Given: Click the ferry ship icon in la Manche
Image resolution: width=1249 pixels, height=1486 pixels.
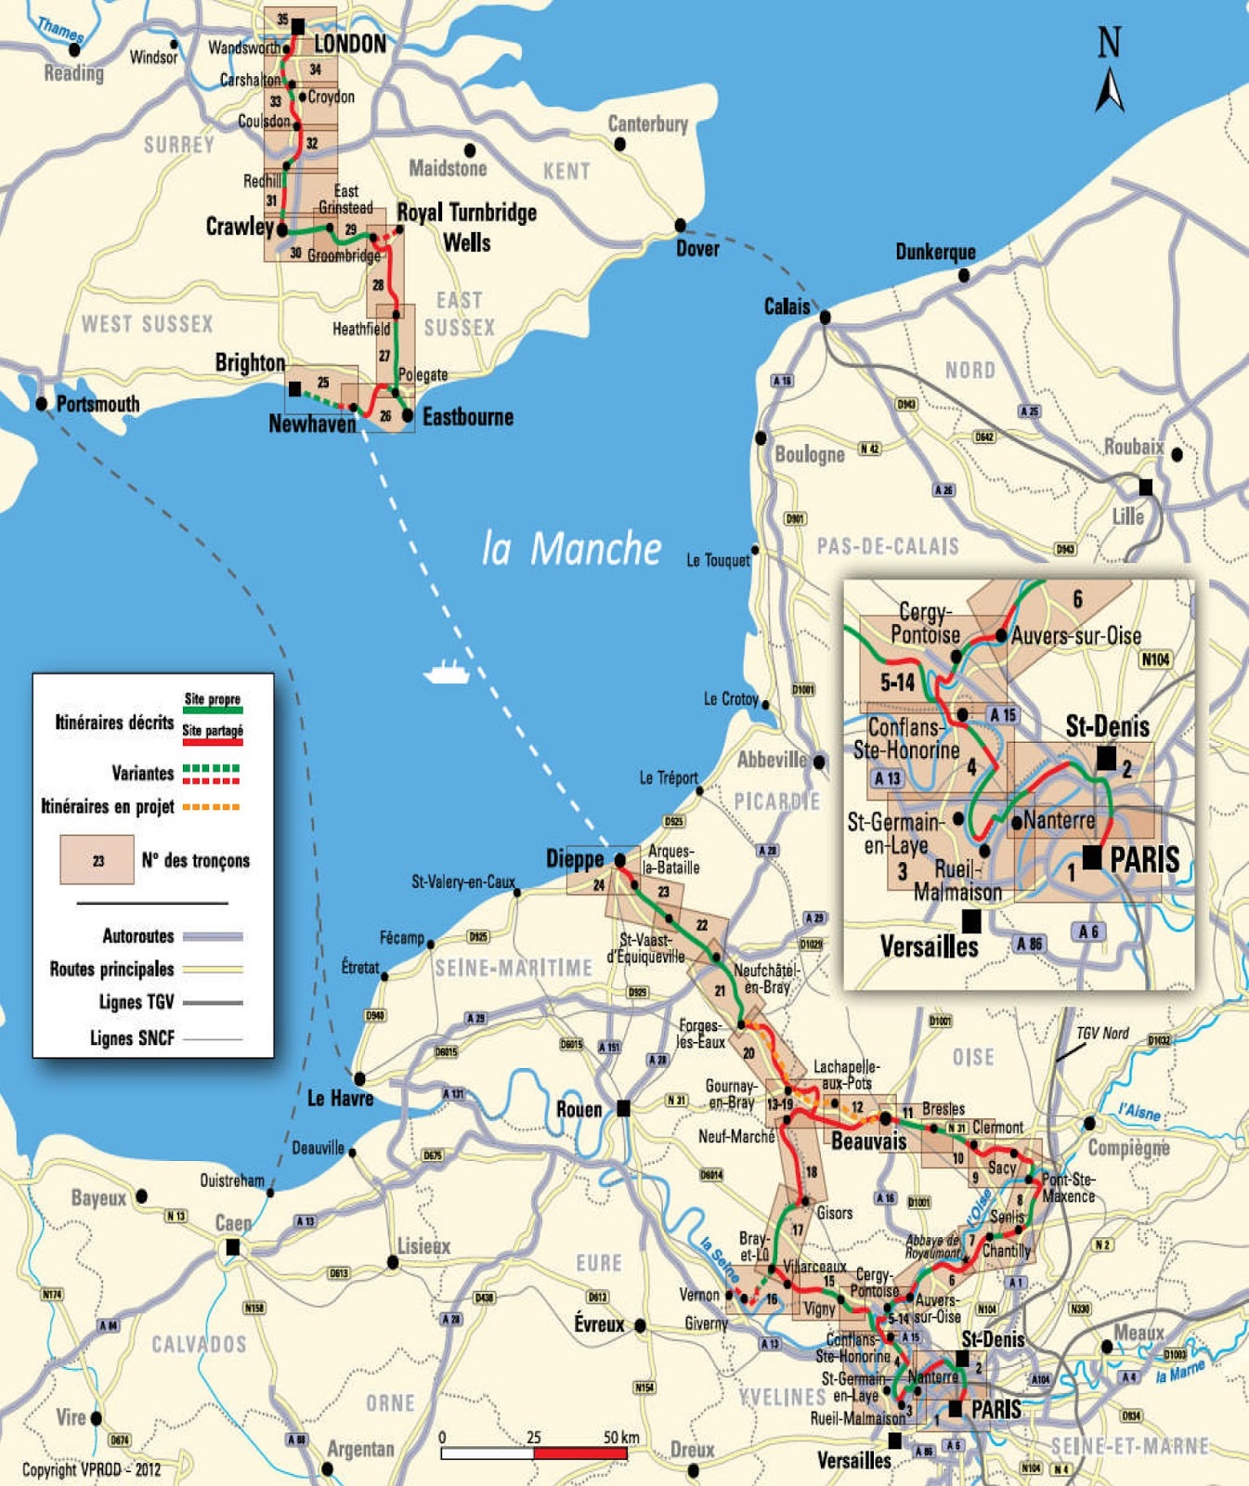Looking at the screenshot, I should pyautogui.click(x=447, y=671).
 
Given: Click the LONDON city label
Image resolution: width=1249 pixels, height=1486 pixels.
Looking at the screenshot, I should pyautogui.click(x=350, y=44).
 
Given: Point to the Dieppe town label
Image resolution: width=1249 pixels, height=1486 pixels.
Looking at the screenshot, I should pyautogui.click(x=575, y=859).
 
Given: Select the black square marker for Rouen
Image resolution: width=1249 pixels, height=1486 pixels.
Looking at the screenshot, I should pyautogui.click(x=624, y=1108).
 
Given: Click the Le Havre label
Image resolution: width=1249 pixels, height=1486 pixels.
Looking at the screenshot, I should pyautogui.click(x=340, y=1099).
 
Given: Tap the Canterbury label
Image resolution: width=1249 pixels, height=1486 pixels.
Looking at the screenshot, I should pyautogui.click(x=648, y=124).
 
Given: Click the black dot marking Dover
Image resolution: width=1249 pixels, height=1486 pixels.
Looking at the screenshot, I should pyautogui.click(x=681, y=226).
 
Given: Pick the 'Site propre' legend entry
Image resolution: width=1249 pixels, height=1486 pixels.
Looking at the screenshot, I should pyautogui.click(x=213, y=699).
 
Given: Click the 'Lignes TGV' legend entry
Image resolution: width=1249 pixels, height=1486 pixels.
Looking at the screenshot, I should pyautogui.click(x=137, y=1002).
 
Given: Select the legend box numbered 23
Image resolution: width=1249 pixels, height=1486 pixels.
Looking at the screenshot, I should pyautogui.click(x=98, y=860).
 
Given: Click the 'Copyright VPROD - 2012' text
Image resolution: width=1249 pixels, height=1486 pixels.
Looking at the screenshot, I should pyautogui.click(x=91, y=1469).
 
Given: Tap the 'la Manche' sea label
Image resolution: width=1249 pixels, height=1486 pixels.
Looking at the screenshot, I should pyautogui.click(x=571, y=548).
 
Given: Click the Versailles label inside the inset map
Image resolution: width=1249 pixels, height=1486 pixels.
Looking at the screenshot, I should pyautogui.click(x=929, y=946).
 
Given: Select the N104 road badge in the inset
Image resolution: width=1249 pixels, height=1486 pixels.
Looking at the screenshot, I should pyautogui.click(x=1155, y=659).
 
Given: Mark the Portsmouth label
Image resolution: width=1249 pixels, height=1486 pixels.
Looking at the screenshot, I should pyautogui.click(x=98, y=404).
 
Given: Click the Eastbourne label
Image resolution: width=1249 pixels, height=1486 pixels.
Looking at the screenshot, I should pyautogui.click(x=468, y=417).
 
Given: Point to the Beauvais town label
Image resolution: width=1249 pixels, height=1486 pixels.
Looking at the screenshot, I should pyautogui.click(x=868, y=1141).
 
